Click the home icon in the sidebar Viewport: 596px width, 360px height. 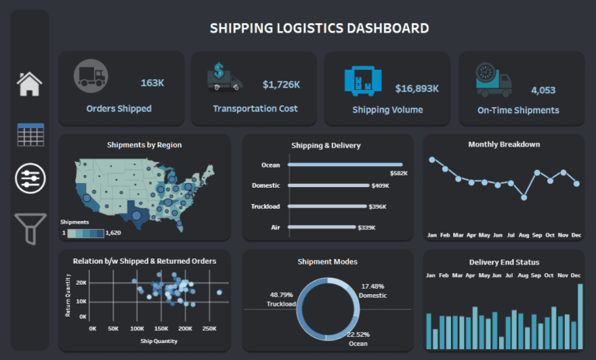29,82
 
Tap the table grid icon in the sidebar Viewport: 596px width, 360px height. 30,134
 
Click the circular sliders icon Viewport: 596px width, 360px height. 30,178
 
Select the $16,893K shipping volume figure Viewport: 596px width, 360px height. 417,88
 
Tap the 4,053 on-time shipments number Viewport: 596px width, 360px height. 543,90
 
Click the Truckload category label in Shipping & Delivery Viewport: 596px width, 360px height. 265,206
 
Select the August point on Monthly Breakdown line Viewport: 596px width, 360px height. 524,197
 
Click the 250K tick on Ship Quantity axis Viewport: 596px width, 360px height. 208,329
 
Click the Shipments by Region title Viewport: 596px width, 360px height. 144,144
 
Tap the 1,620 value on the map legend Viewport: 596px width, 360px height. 114,232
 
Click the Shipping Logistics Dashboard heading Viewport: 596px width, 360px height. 319,29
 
